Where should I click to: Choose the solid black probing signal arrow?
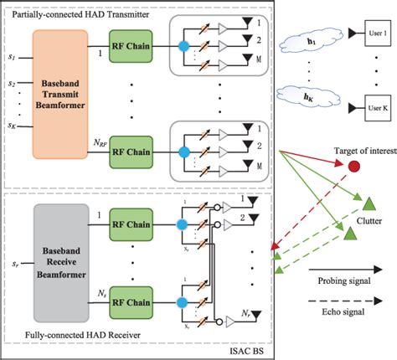[352, 270]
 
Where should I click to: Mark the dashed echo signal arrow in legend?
[352, 306]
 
